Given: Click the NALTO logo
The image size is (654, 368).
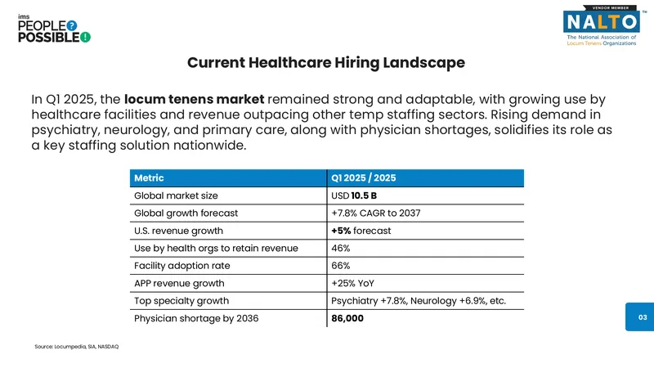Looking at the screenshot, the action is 602,25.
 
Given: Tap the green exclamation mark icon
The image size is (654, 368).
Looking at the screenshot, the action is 85,37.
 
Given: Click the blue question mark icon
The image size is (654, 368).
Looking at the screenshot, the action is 72,26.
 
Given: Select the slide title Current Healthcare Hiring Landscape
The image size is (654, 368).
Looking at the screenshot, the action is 326,63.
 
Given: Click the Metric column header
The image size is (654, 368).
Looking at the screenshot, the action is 149,178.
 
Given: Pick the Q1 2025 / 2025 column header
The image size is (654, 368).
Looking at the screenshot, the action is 363,178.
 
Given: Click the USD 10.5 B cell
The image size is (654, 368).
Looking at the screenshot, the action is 354,195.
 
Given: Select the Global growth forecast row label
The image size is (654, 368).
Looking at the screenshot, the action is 186,213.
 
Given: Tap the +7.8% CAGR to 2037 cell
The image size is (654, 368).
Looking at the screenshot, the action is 376,213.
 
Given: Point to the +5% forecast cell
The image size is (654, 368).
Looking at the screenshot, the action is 361,231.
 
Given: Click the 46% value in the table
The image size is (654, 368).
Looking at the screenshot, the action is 340,249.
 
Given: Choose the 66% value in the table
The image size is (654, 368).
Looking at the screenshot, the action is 340,266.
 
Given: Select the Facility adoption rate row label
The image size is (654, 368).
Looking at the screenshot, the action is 181,266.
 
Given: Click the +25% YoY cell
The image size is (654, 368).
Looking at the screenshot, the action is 352,283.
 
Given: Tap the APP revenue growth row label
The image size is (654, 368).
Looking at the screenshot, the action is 179,283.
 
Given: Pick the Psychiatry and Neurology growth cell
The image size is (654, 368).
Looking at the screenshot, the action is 419,301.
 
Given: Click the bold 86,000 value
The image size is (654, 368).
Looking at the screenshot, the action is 347,318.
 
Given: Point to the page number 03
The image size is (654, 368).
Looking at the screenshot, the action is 643,317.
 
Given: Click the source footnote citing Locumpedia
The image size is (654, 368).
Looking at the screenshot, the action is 77,346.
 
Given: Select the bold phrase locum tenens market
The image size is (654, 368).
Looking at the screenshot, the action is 195,99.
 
